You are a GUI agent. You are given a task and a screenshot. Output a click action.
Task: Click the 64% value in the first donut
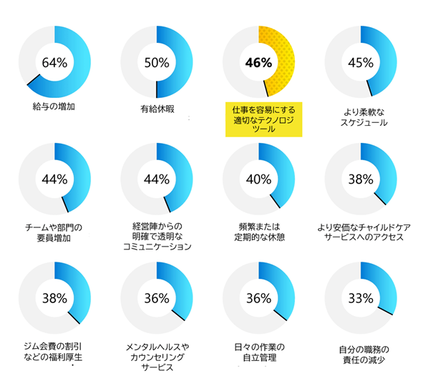[54, 62]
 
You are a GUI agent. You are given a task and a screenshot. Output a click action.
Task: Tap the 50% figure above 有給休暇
[156, 62]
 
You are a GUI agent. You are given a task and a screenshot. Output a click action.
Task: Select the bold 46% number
[258, 62]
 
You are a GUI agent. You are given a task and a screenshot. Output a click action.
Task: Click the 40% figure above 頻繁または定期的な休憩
[258, 179]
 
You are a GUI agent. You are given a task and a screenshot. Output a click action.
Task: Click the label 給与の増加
[54, 107]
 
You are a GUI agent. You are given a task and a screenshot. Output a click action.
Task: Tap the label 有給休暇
[157, 109]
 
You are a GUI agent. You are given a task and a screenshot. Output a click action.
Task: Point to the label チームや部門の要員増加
[54, 232]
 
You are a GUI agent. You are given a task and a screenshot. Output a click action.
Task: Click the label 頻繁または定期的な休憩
[261, 232]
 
